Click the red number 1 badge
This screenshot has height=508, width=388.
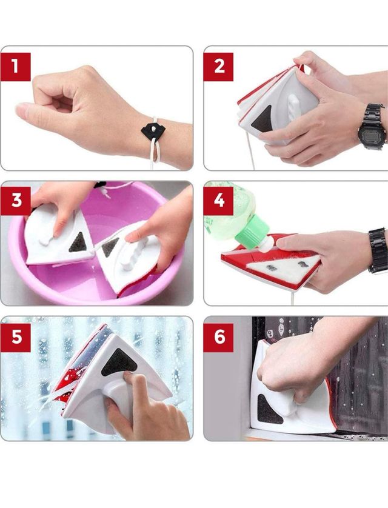pos(16,67)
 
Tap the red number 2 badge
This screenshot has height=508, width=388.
pos(218,67)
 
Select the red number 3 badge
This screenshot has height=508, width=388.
pos(16,201)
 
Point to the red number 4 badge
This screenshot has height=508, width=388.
pos(218,201)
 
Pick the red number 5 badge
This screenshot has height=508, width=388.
pos(16,338)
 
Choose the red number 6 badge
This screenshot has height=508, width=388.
pos(218,338)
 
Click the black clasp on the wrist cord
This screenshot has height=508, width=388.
pos(153,131)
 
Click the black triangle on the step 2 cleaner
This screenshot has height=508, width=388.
pos(263,119)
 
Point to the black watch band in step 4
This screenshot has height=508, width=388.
pos(378,250)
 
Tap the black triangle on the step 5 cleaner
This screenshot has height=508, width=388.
pos(119,363)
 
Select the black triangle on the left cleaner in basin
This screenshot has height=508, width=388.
pos(78,243)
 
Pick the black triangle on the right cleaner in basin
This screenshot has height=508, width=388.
pos(110,247)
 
